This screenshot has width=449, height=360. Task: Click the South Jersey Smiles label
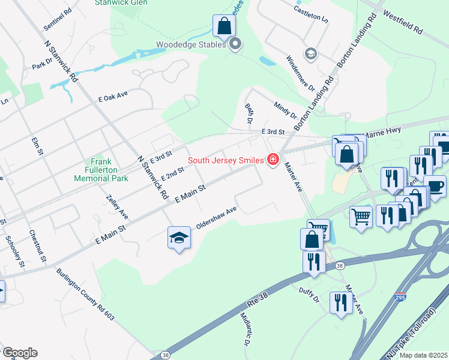coord(225,160)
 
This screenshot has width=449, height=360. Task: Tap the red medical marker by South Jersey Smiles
coord(273,160)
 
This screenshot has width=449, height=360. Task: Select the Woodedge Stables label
coord(191,44)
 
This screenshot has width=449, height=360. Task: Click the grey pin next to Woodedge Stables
coord(235,44)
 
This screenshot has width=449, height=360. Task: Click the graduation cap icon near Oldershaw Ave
coord(179,238)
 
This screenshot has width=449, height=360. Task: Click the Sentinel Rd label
coord(58,20)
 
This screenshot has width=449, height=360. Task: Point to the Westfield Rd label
coord(402,21)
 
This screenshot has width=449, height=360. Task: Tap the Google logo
coord(20,353)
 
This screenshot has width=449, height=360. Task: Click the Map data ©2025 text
coord(423,355)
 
